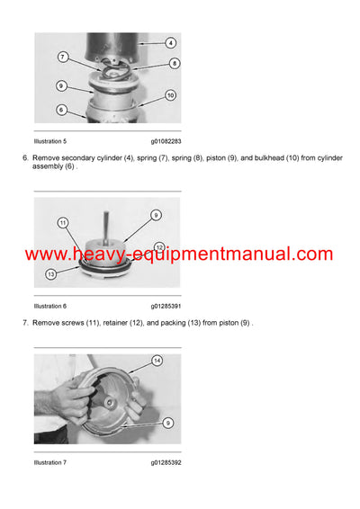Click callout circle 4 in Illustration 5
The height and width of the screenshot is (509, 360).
tap(171, 42)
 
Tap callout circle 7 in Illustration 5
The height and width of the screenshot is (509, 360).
tap(62, 57)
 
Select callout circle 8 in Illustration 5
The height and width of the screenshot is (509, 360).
tap(174, 63)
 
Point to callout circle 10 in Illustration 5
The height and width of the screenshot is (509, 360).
tap(171, 94)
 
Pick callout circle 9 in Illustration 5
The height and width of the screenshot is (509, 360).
tap(61, 86)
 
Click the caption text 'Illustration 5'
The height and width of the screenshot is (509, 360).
tap(50, 141)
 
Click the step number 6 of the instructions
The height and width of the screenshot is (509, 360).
tap(25, 157)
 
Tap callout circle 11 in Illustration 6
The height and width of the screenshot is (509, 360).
tap(63, 222)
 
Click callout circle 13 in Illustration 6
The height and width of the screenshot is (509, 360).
tap(50, 274)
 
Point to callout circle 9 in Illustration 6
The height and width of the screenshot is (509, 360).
tap(155, 215)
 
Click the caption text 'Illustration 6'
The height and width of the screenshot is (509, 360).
tap(50, 306)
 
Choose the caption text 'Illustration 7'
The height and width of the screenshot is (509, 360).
tap(50, 462)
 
